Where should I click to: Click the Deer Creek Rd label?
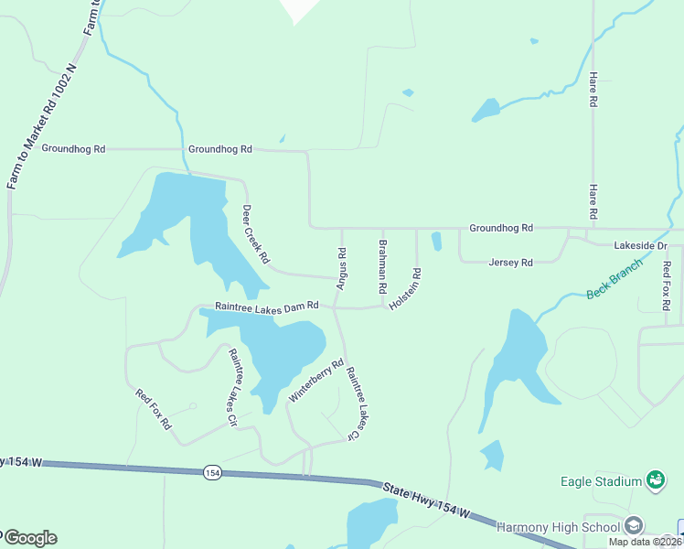click(255, 234)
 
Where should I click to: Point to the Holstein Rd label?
click(405, 288)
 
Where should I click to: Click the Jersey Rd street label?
click(510, 263)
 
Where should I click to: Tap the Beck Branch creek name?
click(615, 278)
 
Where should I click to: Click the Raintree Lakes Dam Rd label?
click(266, 306)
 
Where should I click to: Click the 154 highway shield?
click(213, 472)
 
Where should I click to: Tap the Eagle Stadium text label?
click(601, 481)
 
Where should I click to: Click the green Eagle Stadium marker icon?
click(655, 479)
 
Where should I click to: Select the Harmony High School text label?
click(557, 527)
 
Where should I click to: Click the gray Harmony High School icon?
click(634, 525)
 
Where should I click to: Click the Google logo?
click(29, 538)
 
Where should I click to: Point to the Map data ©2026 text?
click(644, 542)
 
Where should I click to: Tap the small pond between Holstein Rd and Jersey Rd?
click(436, 242)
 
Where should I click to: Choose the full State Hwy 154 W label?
click(427, 501)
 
